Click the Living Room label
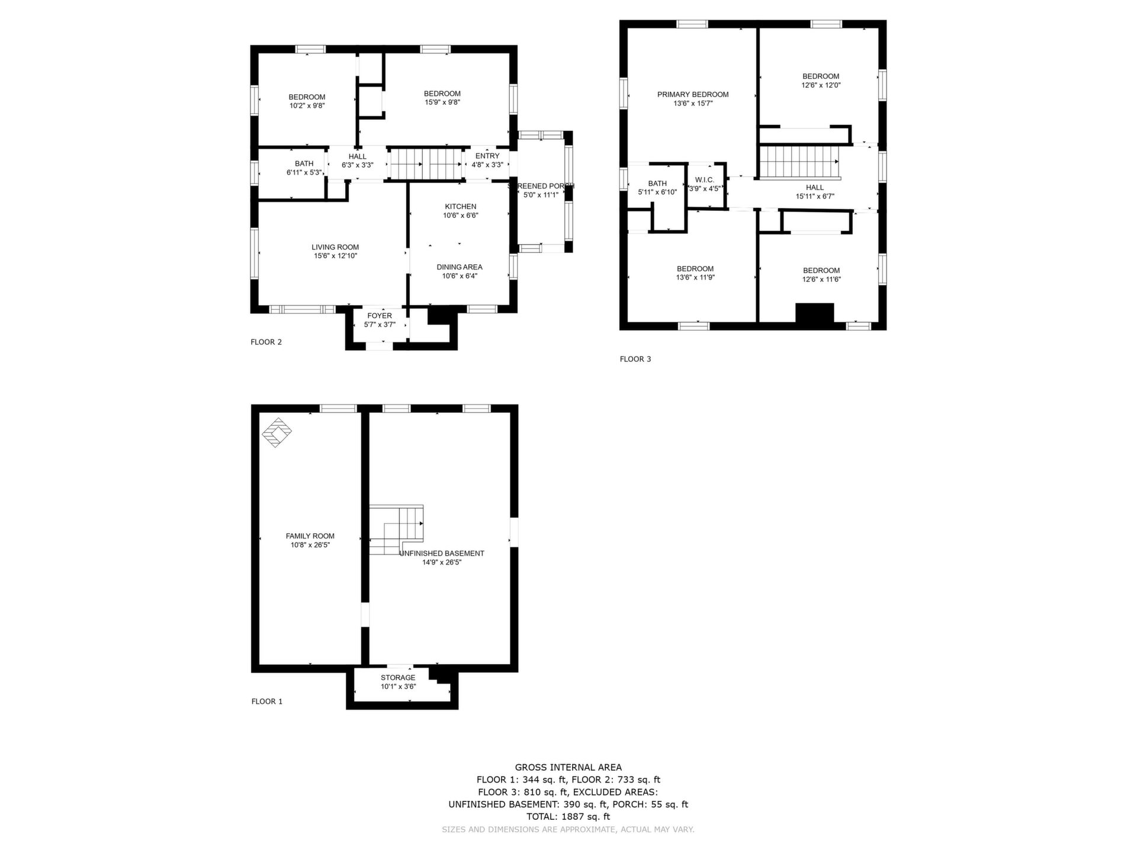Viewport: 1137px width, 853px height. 335,247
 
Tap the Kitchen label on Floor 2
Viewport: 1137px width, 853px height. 460,207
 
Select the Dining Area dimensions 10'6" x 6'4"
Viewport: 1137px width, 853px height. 460,276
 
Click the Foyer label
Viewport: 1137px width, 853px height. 380,316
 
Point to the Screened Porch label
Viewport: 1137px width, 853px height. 541,186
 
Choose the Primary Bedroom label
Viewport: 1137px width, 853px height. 693,95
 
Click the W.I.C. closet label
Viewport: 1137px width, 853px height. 705,180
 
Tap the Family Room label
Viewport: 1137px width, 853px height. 310,536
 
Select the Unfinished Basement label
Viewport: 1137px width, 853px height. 442,553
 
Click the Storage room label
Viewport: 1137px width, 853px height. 398,678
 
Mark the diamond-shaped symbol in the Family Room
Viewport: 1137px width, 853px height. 277,433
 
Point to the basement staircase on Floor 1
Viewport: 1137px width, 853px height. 396,530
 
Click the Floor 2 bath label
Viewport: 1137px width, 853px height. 304,164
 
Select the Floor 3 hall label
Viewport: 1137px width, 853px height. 815,188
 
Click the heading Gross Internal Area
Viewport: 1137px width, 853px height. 568,768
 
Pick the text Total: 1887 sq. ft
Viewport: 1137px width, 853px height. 568,817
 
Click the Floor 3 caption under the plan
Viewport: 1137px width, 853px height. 635,359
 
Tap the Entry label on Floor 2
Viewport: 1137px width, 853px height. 487,156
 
